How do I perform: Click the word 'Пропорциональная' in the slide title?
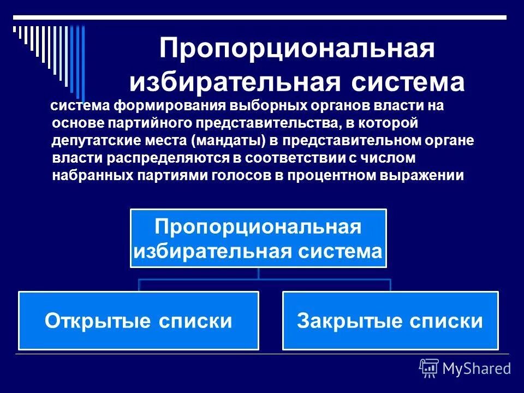click(x=297, y=50)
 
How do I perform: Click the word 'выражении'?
click(x=430, y=176)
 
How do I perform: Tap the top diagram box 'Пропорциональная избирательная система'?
click(x=258, y=238)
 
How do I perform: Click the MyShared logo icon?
click(x=429, y=368)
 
